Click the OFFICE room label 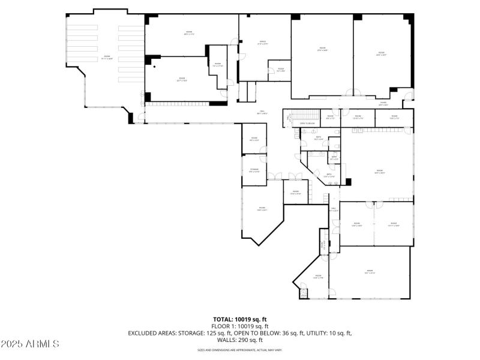[246, 43]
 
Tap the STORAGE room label [254, 170]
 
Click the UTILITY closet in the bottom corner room [304, 293]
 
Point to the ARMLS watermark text [30, 344]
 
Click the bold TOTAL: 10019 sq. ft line [240, 319]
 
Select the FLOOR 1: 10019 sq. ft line [240, 326]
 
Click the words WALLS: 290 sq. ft [240, 340]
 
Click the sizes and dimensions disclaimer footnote [240, 350]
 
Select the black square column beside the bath [347, 182]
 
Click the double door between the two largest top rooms [353, 94]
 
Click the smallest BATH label [334, 158]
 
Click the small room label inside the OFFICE [281, 70]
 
